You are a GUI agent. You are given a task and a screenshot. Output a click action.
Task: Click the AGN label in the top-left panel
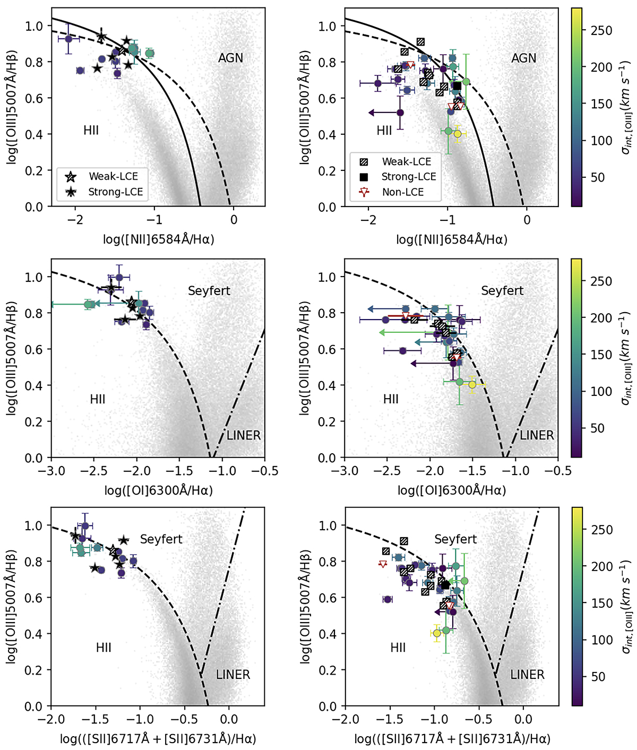230,58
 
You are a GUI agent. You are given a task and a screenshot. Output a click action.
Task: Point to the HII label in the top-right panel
384,131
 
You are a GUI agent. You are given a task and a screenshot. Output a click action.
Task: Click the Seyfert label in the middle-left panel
209,290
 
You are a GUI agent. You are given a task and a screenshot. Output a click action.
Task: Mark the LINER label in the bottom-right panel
527,675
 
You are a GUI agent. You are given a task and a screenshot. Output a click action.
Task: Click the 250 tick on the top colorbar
601,30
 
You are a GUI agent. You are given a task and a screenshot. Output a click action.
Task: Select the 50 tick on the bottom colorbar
598,676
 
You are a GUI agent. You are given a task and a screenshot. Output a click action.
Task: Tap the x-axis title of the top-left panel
159,239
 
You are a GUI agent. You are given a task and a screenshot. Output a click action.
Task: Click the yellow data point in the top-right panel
457,134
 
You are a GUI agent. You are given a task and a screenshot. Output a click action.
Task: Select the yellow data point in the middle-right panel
472,385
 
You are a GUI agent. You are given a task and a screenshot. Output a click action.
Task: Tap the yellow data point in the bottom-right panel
437,633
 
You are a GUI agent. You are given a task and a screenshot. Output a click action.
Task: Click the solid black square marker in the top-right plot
457,86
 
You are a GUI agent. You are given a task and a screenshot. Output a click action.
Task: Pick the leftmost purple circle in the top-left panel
68,39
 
